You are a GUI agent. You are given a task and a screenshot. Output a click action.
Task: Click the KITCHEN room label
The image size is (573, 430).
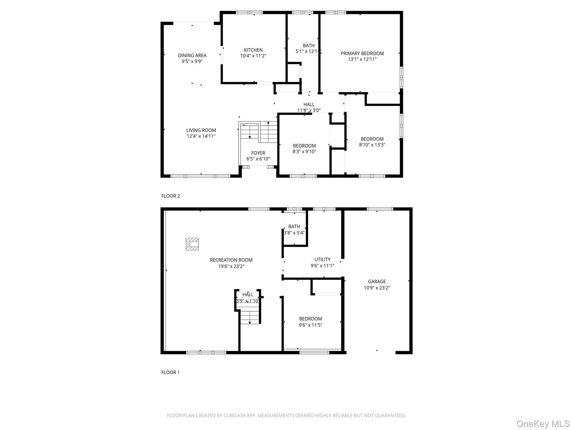pyautogui.click(x=253, y=50)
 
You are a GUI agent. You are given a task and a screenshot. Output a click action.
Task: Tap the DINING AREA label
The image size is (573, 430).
pyautogui.click(x=192, y=55)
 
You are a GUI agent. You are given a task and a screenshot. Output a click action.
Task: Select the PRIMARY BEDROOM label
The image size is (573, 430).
pyautogui.click(x=362, y=53)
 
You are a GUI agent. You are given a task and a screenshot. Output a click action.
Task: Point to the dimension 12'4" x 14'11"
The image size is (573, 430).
pyautogui.click(x=201, y=136)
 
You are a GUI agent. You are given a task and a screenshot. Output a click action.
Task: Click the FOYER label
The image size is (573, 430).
pyautogui.click(x=258, y=153)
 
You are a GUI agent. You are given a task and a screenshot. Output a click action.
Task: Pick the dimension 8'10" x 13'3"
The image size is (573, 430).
pyautogui.click(x=372, y=145)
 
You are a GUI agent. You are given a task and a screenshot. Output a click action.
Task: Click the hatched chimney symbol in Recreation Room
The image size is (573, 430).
pyautogui.click(x=192, y=244)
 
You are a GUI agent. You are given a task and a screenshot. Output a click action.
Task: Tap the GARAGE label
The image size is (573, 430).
pyautogui.click(x=377, y=282)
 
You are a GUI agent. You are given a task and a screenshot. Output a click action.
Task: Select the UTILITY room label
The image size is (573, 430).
pyautogui.click(x=322, y=260)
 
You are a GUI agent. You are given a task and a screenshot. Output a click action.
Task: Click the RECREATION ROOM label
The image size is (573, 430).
pyautogui.click(x=231, y=260)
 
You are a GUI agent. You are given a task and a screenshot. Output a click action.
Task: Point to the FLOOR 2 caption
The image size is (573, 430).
pyautogui.click(x=170, y=196)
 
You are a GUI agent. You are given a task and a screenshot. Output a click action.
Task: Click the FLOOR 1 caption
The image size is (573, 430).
pyautogui.click(x=170, y=372)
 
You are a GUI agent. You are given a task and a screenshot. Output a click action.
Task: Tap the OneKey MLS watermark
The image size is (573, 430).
pyautogui.click(x=543, y=424)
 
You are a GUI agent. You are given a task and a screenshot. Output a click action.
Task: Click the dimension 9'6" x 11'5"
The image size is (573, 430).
pyautogui.click(x=310, y=325)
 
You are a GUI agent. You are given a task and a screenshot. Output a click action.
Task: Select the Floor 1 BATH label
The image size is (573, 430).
pyautogui.click(x=294, y=226)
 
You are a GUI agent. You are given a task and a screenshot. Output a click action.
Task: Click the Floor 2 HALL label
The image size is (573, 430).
pyautogui.click(x=309, y=105)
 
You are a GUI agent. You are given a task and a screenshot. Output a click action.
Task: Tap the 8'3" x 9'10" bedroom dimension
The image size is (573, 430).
pyautogui.click(x=304, y=152)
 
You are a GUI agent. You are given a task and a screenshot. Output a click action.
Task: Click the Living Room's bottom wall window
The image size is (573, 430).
pyautogui.click(x=200, y=176)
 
